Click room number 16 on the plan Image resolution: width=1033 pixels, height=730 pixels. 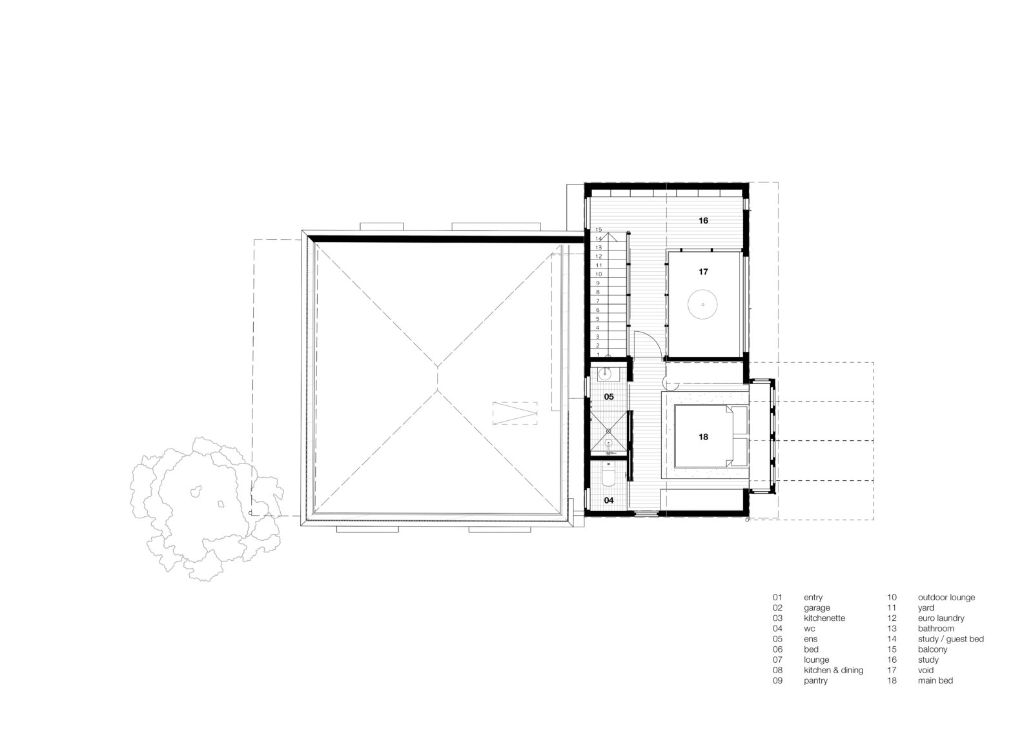[x=703, y=221]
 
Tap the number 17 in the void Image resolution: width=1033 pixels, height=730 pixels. [x=703, y=272]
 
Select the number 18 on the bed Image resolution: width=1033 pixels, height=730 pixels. [x=703, y=437]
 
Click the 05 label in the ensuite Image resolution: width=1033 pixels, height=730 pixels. [x=609, y=396]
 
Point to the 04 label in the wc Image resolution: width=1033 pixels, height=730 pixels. [x=609, y=500]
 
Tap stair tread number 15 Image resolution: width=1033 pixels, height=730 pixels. [x=598, y=230]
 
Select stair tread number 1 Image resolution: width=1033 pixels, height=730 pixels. [x=598, y=354]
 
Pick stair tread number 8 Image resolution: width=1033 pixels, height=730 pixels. [x=598, y=292]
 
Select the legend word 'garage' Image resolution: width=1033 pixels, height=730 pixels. [x=817, y=608]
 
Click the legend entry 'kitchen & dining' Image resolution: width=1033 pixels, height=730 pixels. [x=834, y=670]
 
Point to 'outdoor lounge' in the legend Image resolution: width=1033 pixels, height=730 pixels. [x=946, y=597]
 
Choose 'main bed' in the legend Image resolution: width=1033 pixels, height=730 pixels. [x=936, y=680]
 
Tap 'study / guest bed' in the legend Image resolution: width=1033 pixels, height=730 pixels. [x=950, y=639]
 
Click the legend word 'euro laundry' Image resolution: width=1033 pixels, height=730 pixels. [x=941, y=618]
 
